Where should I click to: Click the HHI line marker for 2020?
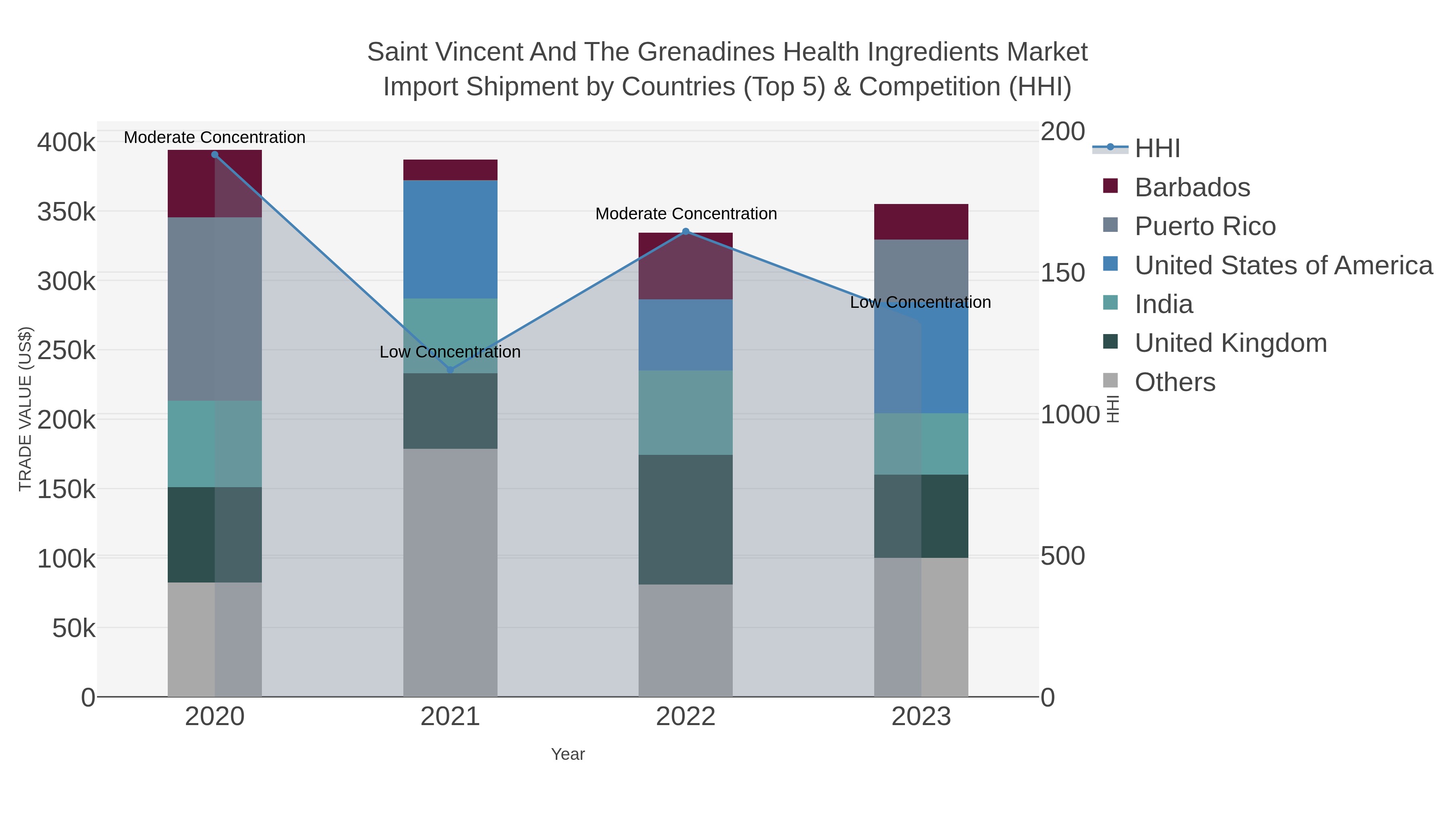(x=215, y=155)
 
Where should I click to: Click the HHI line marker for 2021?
(x=450, y=370)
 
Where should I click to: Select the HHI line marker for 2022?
(x=686, y=231)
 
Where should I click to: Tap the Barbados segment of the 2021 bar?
(x=450, y=170)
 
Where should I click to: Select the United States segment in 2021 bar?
(x=450, y=240)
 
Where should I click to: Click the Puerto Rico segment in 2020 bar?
(x=215, y=309)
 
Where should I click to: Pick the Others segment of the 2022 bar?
(x=686, y=640)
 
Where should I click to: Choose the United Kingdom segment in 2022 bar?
(x=686, y=519)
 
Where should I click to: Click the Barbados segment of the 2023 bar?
(x=921, y=222)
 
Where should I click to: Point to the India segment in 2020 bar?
(x=215, y=444)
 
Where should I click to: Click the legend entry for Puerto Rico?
(x=1205, y=226)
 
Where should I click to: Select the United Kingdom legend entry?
(x=1230, y=343)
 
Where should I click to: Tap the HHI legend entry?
(x=1157, y=149)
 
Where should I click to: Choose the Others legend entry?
(x=1174, y=382)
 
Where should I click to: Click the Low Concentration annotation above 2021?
(x=450, y=352)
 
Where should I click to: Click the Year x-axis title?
(x=568, y=754)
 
